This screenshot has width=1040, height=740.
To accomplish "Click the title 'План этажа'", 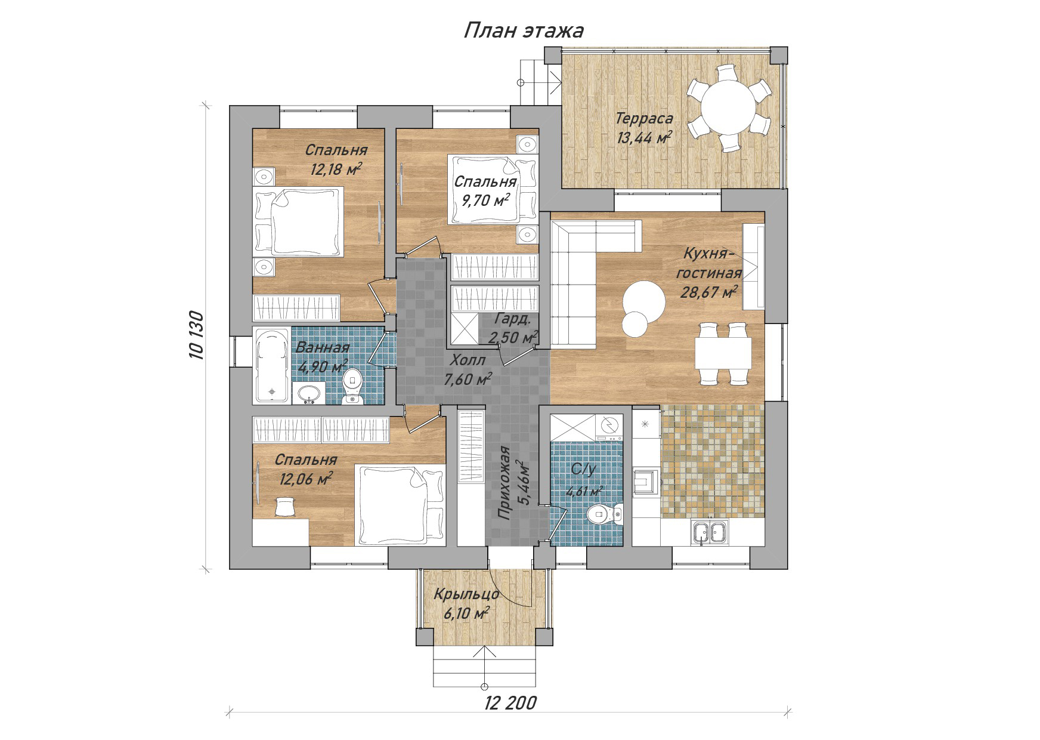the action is pyautogui.click(x=523, y=30).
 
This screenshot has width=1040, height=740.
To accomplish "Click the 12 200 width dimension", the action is pyautogui.click(x=510, y=702).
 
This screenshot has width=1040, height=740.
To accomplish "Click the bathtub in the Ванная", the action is pyautogui.click(x=272, y=365).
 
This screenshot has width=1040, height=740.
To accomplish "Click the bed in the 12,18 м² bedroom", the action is pyautogui.click(x=298, y=221).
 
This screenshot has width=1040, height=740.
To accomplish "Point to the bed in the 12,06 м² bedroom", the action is pyautogui.click(x=401, y=505).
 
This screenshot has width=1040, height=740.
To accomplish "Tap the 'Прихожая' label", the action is pyautogui.click(x=504, y=484).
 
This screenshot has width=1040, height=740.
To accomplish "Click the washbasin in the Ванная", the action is pyautogui.click(x=309, y=394).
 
